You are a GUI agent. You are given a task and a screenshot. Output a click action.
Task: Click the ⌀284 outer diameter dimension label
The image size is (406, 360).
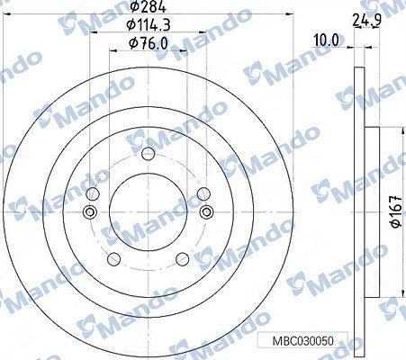tap(149, 6)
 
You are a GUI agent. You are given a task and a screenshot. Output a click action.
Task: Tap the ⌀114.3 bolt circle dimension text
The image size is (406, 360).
tap(149, 24)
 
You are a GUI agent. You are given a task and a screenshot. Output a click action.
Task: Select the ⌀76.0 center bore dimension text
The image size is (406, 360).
tap(148, 43)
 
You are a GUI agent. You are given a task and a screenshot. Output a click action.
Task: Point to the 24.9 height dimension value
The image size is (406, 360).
tap(367, 20)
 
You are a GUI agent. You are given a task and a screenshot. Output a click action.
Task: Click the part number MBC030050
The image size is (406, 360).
tap(302, 341)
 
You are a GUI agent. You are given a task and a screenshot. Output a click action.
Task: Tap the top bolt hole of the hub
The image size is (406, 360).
tap(149, 154)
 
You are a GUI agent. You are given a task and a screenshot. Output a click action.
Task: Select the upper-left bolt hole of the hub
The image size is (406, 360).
tap(93, 193)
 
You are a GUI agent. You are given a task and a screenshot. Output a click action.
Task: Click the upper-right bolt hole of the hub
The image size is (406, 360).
tap(203, 193)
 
